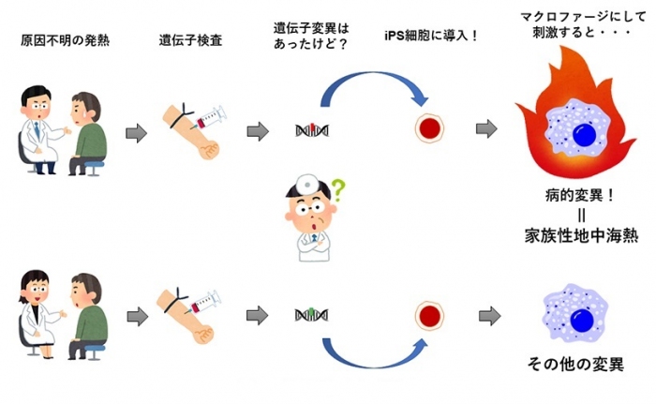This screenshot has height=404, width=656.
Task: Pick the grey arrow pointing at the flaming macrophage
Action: point(486,129)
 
